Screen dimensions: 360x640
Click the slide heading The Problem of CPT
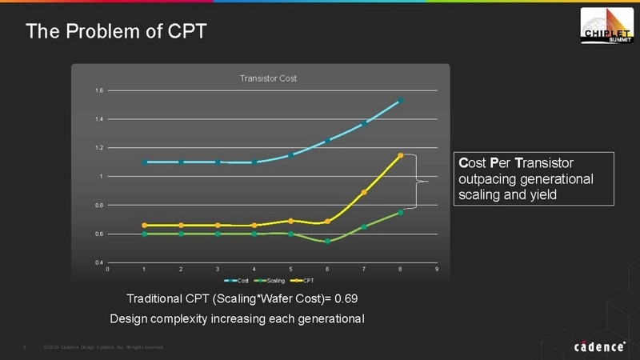pyautogui.click(x=116, y=31)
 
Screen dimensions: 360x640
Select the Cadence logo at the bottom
pyautogui.click(x=599, y=346)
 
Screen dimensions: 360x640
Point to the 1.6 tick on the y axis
pyautogui.click(x=98, y=90)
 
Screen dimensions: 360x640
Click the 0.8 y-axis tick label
pyautogui.click(x=98, y=206)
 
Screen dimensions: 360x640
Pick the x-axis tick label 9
pyautogui.click(x=437, y=270)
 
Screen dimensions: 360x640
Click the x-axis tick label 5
pyautogui.click(x=291, y=270)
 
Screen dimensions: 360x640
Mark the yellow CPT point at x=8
pyautogui.click(x=401, y=155)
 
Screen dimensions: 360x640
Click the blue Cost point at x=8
pyautogui.click(x=401, y=101)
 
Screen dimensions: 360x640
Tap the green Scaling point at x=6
pyautogui.click(x=328, y=241)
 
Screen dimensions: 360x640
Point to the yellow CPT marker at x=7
pyautogui.click(x=364, y=192)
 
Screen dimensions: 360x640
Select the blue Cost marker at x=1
pyautogui.click(x=145, y=162)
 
